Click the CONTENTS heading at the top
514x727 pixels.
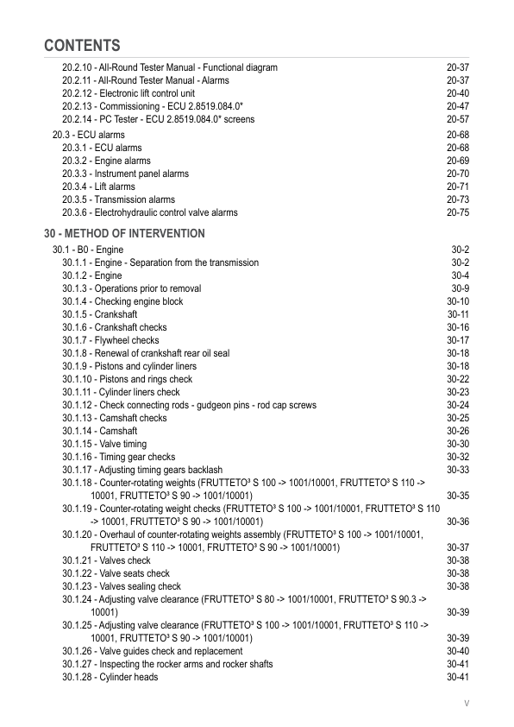coord(82,45)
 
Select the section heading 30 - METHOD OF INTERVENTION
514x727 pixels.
coord(124,234)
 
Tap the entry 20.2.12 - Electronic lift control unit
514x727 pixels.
coord(128,93)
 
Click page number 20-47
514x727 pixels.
coord(457,106)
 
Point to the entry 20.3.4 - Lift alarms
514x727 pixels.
coord(98,186)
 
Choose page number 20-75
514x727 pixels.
coord(457,212)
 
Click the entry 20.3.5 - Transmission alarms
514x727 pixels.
coord(118,199)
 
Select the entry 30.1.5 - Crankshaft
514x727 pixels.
coord(99,315)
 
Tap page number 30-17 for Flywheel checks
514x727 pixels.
coord(457,341)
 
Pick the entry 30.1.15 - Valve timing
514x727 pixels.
coord(104,444)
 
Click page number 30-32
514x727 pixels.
coord(457,457)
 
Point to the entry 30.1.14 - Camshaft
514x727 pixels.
coord(99,431)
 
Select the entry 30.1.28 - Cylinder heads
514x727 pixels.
coord(110,677)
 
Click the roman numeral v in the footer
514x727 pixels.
coord(467,704)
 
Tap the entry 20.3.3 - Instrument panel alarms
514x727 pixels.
coord(125,174)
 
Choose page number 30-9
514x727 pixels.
coord(460,289)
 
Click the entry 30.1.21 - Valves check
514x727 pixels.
coord(106,560)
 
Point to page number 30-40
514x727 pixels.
coord(457,651)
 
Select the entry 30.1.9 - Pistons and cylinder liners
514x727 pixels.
coord(129,367)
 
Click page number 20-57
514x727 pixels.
coord(457,119)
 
